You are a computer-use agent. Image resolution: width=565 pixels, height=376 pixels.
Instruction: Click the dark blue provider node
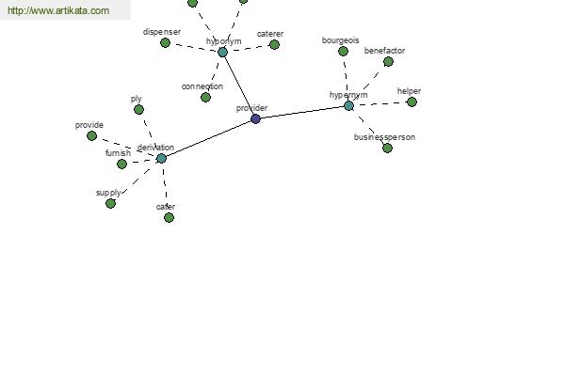click(255, 118)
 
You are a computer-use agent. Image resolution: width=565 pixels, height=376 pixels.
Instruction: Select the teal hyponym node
click(222, 53)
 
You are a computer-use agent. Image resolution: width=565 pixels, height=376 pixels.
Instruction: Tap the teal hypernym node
click(348, 106)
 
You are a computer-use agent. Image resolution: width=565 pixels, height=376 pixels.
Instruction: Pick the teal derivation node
click(161, 158)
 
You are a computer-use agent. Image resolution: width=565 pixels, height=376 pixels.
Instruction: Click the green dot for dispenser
click(165, 43)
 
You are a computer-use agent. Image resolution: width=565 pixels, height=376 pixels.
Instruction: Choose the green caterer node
click(274, 44)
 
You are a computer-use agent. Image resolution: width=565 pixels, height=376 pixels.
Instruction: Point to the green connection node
click(205, 97)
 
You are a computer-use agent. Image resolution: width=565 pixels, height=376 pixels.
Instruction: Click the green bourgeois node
click(343, 51)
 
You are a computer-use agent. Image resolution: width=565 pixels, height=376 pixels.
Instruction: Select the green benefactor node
click(388, 62)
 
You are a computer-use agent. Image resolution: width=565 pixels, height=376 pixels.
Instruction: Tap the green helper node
click(412, 102)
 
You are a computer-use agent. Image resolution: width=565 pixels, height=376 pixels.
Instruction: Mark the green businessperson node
click(387, 148)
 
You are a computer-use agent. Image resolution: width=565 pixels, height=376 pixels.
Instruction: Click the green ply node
click(138, 109)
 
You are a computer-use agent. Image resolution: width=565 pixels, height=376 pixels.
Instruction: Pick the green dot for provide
click(92, 136)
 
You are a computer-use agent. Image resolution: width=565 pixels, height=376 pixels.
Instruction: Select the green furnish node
click(121, 164)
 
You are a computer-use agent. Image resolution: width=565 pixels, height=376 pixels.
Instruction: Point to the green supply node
click(110, 204)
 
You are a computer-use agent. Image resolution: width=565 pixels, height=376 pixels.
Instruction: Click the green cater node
click(169, 217)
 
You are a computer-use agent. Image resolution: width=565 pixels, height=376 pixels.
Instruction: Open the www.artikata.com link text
click(58, 10)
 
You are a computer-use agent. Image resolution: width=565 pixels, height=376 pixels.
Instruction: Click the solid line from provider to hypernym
click(302, 112)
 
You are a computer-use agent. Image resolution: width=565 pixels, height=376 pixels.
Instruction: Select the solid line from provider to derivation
click(208, 138)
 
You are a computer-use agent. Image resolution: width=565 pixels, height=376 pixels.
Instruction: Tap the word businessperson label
click(384, 137)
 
